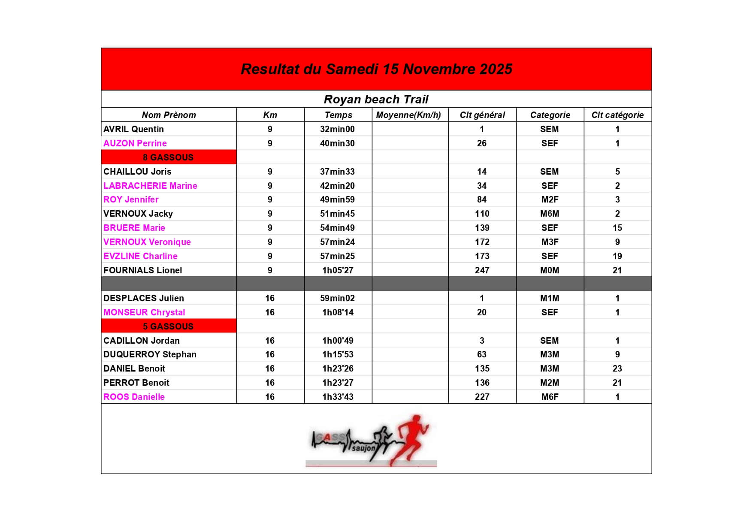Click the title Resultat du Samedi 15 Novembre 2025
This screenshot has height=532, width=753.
tap(376, 69)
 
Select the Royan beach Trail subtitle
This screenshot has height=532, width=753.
tap(376, 100)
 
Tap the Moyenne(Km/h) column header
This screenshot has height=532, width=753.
tap(408, 115)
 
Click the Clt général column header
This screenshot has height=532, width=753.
tap(482, 115)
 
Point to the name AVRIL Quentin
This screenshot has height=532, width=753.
tap(133, 129)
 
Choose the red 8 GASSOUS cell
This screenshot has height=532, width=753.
tap(168, 157)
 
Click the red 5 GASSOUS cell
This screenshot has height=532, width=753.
tap(168, 326)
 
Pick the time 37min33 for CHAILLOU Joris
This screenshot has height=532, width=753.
tap(337, 172)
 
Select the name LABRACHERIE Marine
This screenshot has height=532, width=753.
tap(150, 186)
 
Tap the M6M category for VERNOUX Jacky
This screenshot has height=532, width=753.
tap(550, 214)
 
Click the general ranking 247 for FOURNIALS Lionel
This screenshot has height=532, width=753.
tap(482, 270)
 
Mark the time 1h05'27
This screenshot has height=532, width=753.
tap(338, 270)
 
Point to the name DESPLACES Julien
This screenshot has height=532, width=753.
tap(143, 298)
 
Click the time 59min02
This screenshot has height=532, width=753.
tap(337, 298)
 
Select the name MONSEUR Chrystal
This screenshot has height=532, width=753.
tap(144, 312)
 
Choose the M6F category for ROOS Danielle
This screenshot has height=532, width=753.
tap(550, 397)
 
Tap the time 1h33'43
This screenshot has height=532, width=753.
tap(338, 397)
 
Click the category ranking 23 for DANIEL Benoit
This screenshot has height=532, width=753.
tap(617, 369)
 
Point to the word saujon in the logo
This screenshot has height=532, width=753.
tap(363, 448)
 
